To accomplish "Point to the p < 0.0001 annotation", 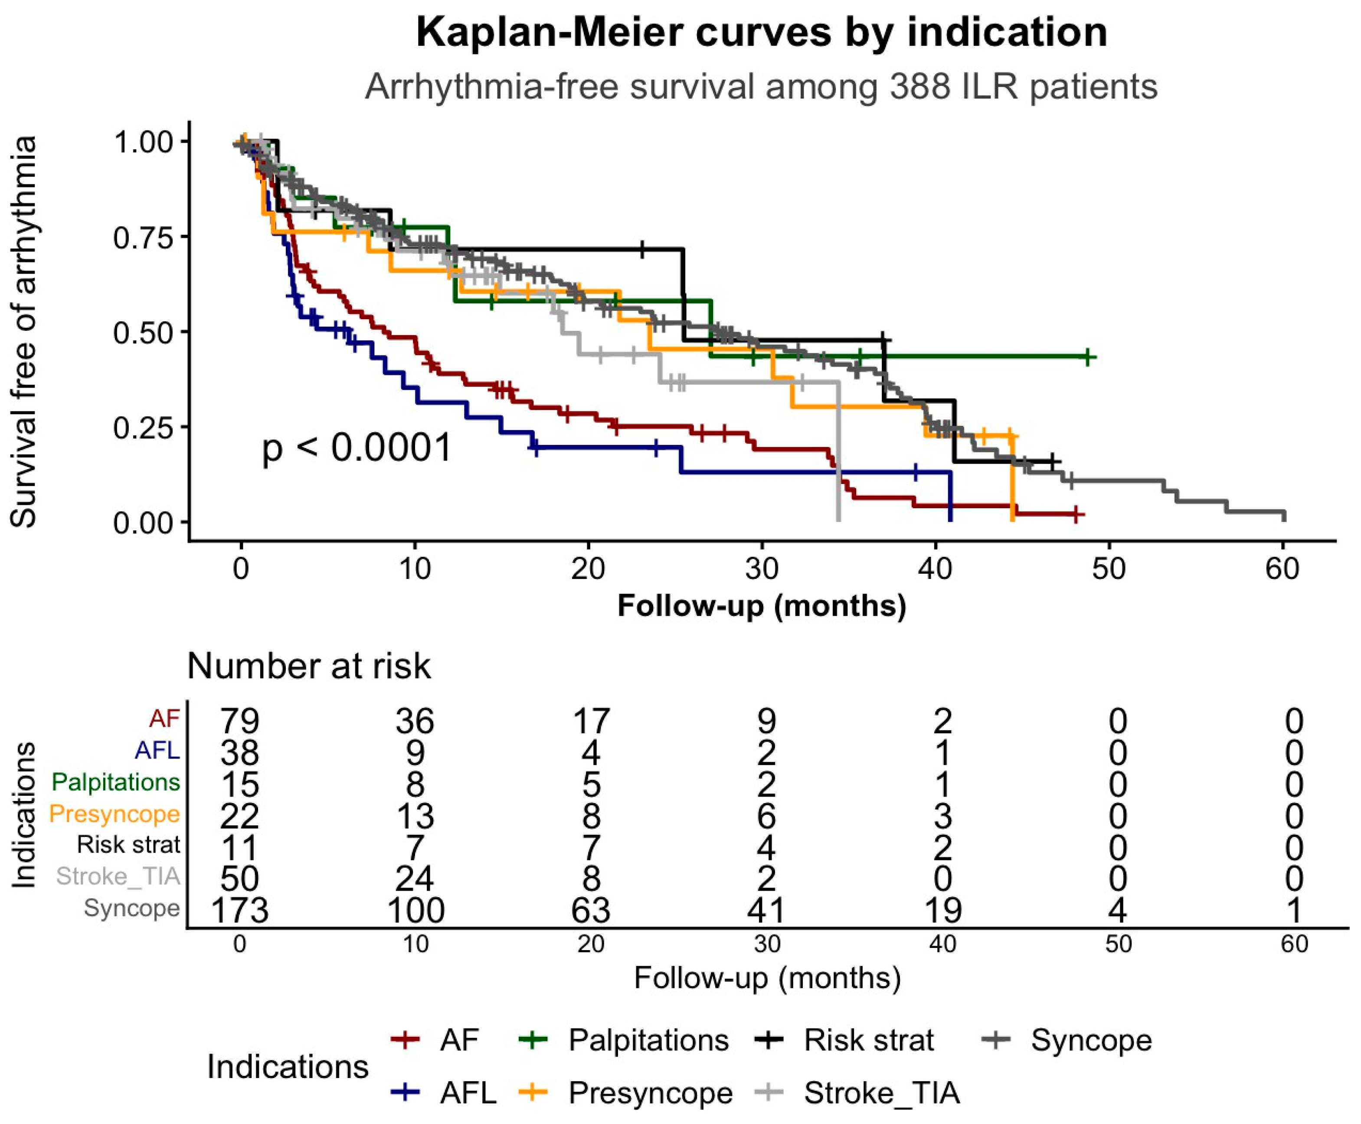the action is click(x=356, y=448).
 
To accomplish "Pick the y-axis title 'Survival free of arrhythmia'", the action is click(x=24, y=331).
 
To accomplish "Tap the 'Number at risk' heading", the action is click(x=309, y=666).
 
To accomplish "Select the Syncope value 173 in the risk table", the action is click(x=239, y=910).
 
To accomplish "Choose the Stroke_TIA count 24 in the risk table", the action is click(x=415, y=878).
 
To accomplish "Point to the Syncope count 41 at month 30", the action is click(x=767, y=910).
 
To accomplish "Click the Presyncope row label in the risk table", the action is click(x=115, y=814).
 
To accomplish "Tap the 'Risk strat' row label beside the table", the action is click(x=128, y=845).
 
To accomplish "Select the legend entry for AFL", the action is click(x=444, y=1093).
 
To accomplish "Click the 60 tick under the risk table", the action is click(x=1294, y=944).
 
